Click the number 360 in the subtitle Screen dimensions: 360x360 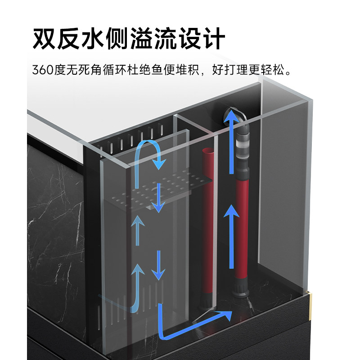click(43, 70)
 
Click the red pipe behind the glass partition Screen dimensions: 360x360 click(208, 216)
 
